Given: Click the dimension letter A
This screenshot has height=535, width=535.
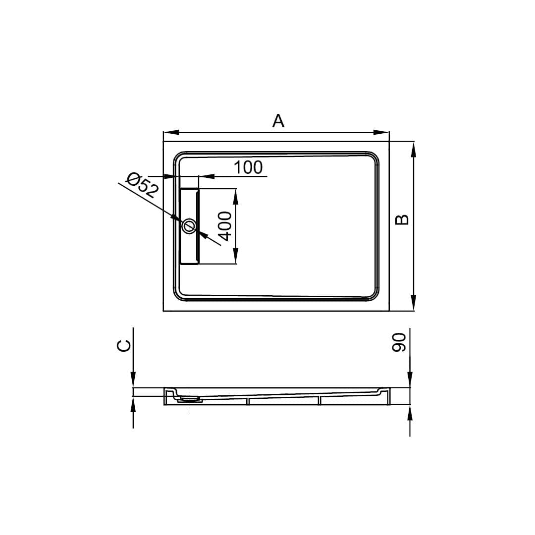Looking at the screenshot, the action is click(x=278, y=121).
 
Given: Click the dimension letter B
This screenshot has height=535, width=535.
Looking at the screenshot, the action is click(x=402, y=220).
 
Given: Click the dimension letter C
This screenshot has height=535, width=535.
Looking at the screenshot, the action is click(x=124, y=345).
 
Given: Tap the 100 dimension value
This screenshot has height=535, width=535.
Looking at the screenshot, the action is click(x=248, y=167).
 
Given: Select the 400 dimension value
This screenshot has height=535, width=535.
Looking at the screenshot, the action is click(x=225, y=226).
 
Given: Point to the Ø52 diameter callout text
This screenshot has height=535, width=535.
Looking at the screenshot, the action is click(x=142, y=186).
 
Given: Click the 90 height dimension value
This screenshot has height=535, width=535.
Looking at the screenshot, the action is click(x=399, y=343).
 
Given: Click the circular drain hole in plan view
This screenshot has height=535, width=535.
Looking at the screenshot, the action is click(x=189, y=226).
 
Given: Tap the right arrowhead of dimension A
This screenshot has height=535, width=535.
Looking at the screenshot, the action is click(x=381, y=132).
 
